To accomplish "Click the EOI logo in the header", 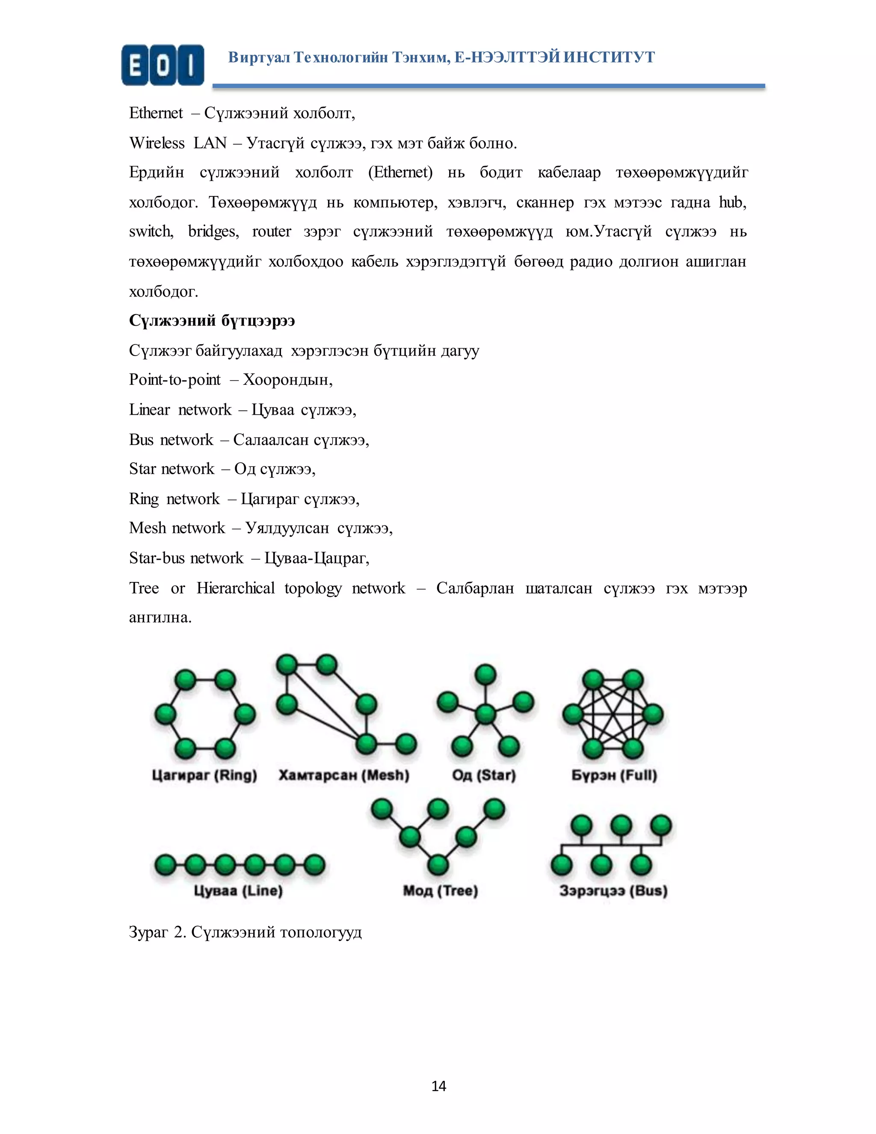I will tap(163, 65).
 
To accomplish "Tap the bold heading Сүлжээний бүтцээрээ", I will tap(212, 321).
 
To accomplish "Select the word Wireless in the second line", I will tap(157, 143).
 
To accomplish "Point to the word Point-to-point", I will tap(175, 380).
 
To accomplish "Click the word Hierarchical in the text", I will tap(236, 588).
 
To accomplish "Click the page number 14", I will tap(438, 1086).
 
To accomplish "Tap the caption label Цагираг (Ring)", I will tap(204, 775).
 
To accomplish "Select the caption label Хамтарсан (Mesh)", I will tap(343, 775).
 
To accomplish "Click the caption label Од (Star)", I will tap(484, 775).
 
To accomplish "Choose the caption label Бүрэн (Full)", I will tap(614, 775).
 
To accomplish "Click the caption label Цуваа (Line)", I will tap(238, 891).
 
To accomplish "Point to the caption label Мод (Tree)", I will tap(440, 891).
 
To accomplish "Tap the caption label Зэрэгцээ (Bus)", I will tap(613, 891).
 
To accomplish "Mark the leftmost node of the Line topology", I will tap(165, 865).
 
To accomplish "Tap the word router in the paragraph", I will tap(272, 232).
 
